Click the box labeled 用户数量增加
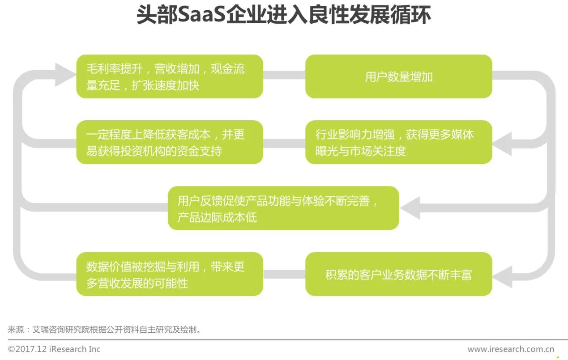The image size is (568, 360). point(398,76)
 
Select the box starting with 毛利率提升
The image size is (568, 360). point(169,76)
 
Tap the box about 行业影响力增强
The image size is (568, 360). point(398,142)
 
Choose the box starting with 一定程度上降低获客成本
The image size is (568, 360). point(169,142)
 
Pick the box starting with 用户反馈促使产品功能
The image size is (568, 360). point(283,208)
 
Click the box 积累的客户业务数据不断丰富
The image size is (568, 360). point(398,274)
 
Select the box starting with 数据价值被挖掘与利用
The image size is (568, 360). point(169,274)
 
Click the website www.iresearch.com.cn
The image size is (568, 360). point(511,349)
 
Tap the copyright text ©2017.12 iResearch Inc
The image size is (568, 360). point(54,349)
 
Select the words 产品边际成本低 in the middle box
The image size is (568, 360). point(217,218)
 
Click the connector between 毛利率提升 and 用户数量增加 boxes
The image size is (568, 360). point(284,75)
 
